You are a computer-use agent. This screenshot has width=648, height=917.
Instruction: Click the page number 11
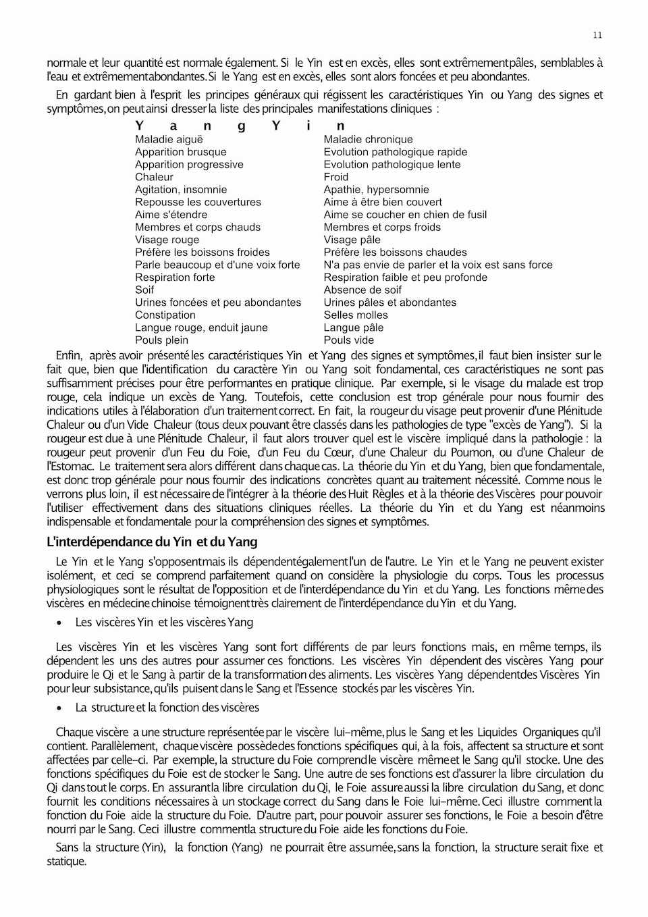point(597,35)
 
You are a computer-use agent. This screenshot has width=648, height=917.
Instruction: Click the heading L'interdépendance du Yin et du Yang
point(152,542)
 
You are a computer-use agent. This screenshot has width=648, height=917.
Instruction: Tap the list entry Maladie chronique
point(368,140)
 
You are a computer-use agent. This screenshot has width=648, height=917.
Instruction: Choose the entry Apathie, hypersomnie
point(376,190)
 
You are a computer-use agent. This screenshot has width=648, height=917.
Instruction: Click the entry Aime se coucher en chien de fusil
point(405,215)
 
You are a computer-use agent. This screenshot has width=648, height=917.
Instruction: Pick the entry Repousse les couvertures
point(198,202)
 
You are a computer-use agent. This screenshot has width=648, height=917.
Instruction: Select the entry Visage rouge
point(167,240)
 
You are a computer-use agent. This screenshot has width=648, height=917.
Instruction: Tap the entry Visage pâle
point(352,240)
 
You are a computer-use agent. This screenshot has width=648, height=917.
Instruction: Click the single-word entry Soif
point(144,290)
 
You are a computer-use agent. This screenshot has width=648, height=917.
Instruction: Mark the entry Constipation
point(165,315)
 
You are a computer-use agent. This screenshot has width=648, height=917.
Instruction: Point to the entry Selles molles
point(356,315)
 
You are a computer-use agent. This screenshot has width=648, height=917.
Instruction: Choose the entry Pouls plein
point(161,340)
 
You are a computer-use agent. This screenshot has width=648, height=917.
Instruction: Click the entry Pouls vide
point(348,340)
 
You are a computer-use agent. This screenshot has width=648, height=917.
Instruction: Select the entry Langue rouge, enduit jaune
point(201,327)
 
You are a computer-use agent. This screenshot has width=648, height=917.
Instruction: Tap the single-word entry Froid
point(336,177)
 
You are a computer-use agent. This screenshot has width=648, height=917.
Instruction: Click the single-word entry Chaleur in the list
point(154,177)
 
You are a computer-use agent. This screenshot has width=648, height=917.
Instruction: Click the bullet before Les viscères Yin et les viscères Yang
point(60,623)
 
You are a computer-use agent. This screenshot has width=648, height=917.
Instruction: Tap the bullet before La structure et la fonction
point(60,708)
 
